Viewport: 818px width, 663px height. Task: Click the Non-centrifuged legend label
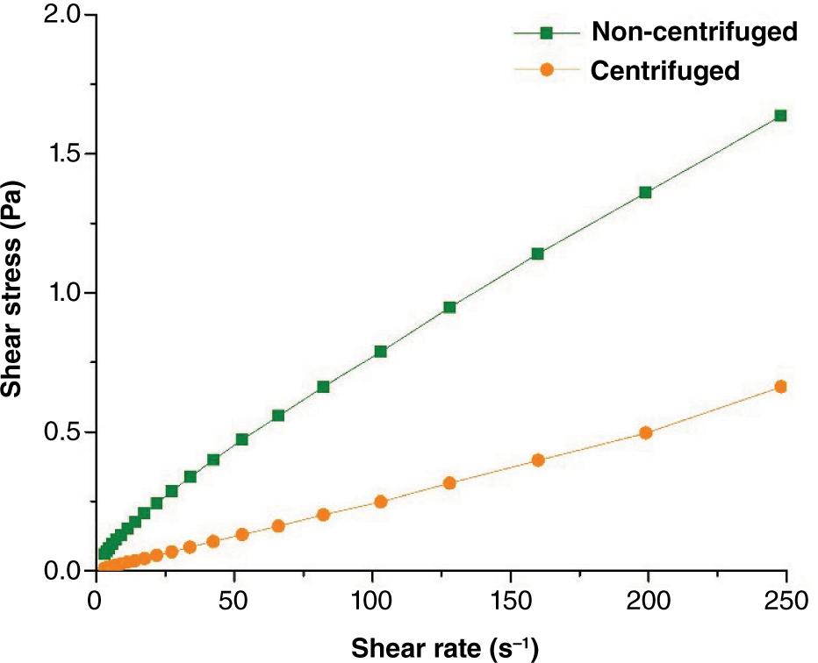coord(694,32)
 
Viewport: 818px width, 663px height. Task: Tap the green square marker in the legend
coord(546,33)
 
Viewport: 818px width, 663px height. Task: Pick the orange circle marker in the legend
coord(546,70)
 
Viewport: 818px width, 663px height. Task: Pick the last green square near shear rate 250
coord(780,116)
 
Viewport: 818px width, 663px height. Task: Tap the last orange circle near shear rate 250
coord(780,387)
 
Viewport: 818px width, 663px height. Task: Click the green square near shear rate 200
coord(645,192)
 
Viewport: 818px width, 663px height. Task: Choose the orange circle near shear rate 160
coord(538,460)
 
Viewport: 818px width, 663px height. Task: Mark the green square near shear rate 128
coord(449,307)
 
